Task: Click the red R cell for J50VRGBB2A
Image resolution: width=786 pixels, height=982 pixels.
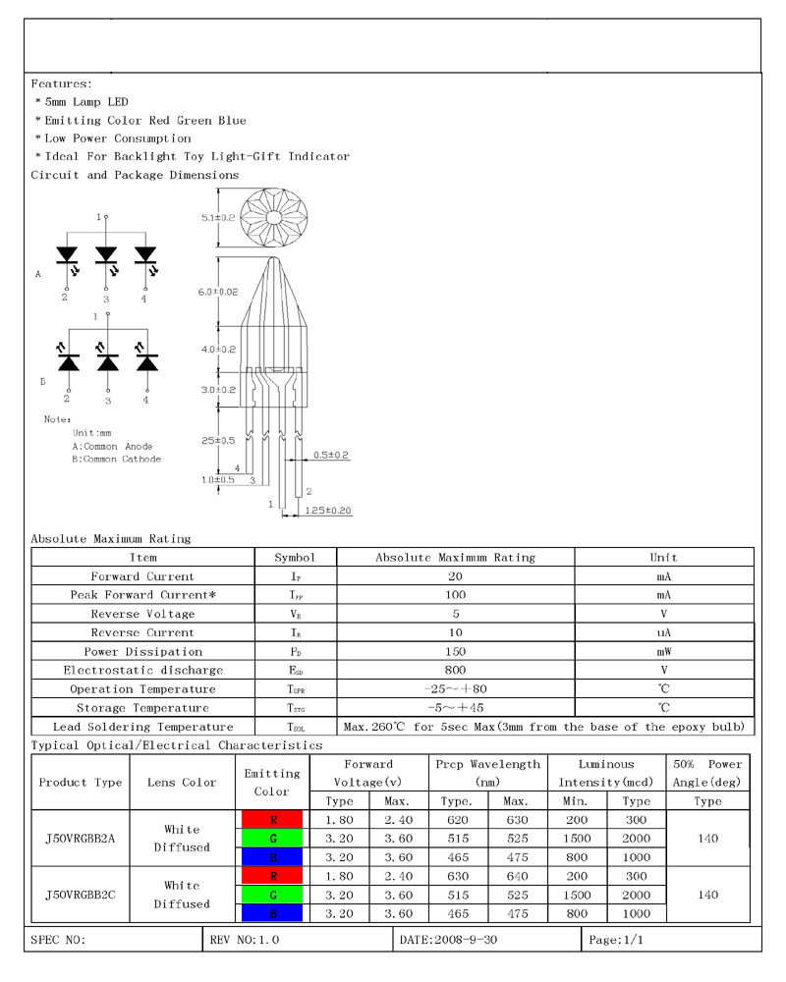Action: coord(272,820)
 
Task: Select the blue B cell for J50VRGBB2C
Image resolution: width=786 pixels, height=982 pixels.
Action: coord(272,914)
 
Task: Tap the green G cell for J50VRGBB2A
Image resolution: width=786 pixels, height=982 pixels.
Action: coord(272,839)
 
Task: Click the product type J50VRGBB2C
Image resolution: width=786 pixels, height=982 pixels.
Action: coord(81,895)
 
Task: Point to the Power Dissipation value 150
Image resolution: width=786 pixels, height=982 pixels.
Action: coord(455,651)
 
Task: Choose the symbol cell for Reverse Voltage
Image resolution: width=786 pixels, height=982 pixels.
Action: coord(295,614)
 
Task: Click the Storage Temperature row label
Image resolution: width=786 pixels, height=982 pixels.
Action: coord(143,708)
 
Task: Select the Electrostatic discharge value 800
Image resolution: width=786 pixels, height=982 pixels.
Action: coord(455,670)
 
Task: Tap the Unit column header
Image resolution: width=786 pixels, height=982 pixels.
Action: coord(664,557)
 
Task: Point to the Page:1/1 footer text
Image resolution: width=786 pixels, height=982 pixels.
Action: coord(616,940)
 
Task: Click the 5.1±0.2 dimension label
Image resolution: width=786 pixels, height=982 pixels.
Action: coord(219,217)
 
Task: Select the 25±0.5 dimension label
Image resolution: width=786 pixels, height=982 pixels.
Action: coord(218,440)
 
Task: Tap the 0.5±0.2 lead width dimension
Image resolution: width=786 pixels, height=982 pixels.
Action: coord(332,455)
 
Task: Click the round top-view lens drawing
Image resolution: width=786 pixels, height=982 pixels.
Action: coord(274,216)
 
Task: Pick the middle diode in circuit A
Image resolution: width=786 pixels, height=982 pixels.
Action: coord(106,255)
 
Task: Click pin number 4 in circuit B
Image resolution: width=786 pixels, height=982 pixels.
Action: coord(145,400)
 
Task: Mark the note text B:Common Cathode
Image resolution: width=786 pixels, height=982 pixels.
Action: coord(116,459)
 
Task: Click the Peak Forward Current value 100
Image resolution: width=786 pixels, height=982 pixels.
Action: coord(455,595)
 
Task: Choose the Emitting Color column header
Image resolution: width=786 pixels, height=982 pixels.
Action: coord(272,782)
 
